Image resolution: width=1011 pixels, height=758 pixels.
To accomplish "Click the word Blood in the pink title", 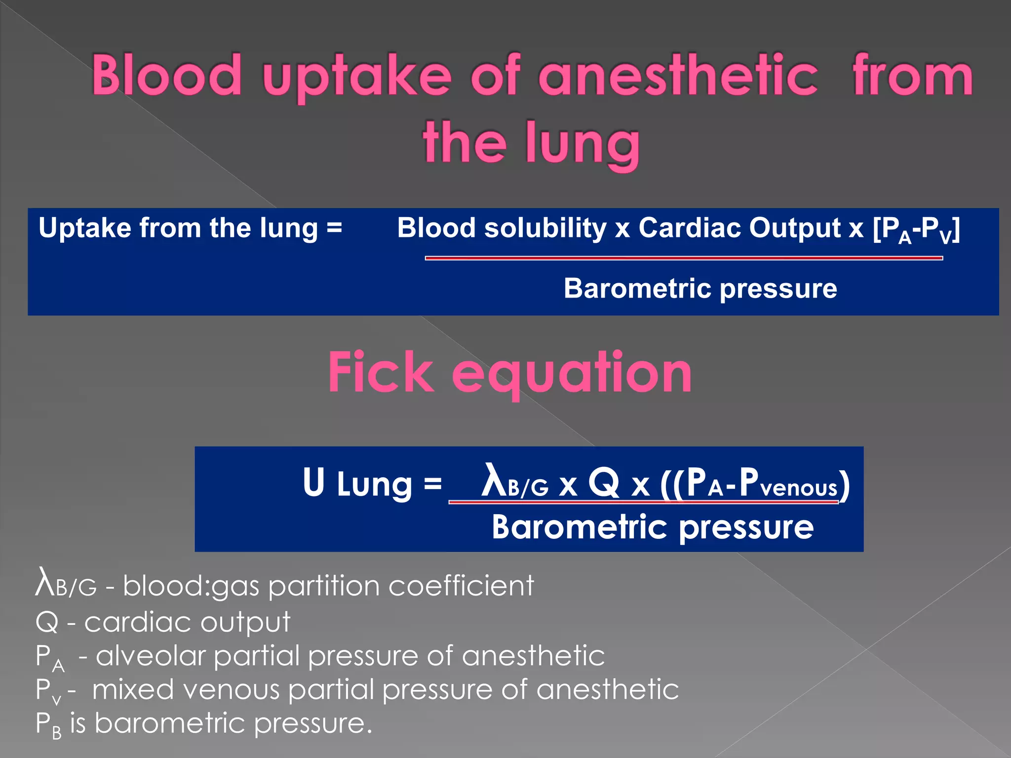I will click(166, 75).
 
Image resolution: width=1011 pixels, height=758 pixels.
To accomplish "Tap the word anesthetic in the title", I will click(678, 75).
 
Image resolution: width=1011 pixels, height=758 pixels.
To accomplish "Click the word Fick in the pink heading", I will click(381, 372).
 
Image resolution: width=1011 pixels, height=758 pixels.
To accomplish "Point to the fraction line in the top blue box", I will click(684, 258).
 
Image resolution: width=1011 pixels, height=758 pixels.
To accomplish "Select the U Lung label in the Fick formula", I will click(357, 484).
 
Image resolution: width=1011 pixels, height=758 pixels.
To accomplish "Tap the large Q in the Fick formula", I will click(603, 482).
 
